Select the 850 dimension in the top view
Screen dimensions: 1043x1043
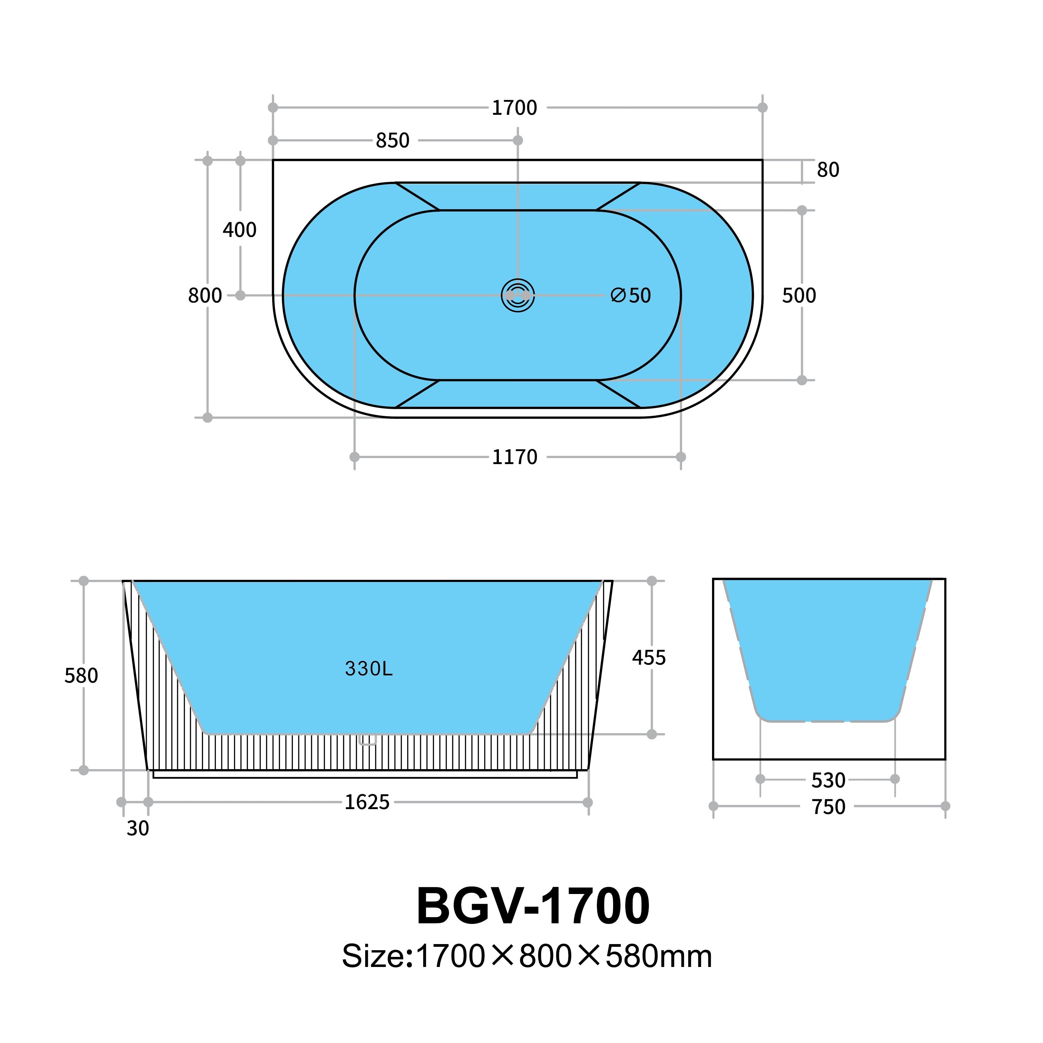pos(392,140)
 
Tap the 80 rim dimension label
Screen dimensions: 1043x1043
pos(828,170)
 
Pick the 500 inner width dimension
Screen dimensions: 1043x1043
pos(799,296)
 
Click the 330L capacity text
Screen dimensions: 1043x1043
pos(369,669)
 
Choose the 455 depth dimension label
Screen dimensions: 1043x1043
pos(649,658)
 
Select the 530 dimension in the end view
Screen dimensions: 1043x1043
pos(828,780)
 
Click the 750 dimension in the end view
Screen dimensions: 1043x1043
pos(828,807)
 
